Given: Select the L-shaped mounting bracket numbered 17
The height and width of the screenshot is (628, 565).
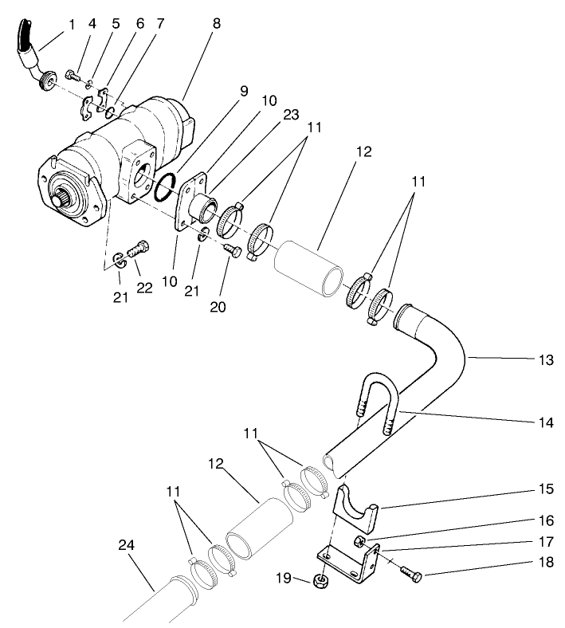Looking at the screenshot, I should (x=351, y=557).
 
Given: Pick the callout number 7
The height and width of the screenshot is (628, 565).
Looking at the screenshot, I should (x=160, y=25).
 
